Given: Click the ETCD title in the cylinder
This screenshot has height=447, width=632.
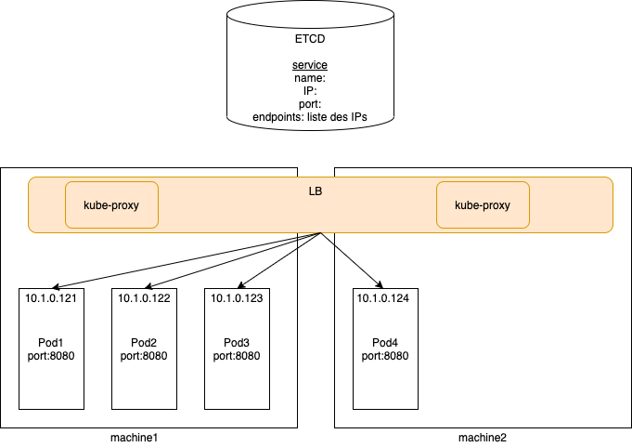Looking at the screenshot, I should [310, 40].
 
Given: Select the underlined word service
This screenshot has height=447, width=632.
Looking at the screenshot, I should [310, 66].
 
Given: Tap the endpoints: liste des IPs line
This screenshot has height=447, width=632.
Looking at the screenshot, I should [311, 117].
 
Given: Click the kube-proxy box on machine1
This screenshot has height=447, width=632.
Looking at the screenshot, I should [111, 204].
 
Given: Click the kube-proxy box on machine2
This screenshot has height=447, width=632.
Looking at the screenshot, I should [483, 204].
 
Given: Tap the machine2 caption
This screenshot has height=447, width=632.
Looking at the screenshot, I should [483, 437].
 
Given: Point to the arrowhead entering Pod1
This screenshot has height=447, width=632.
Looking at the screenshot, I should [53, 285].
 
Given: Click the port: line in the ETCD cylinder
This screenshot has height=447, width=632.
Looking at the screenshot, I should [310, 104].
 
